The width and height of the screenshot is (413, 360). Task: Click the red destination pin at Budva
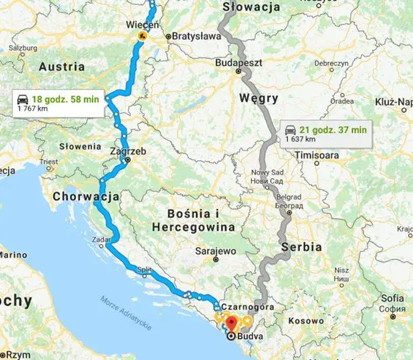(x=231, y=323)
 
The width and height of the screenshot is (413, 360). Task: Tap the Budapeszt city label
(x=240, y=62)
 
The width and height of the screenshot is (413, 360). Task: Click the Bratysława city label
(x=196, y=36)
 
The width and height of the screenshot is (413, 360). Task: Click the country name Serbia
(x=302, y=247)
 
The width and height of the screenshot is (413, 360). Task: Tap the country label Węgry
(x=259, y=98)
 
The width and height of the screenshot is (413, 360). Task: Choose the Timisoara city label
(x=317, y=156)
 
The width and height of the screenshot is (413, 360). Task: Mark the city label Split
(x=145, y=269)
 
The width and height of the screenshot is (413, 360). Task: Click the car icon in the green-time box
(x=23, y=99)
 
